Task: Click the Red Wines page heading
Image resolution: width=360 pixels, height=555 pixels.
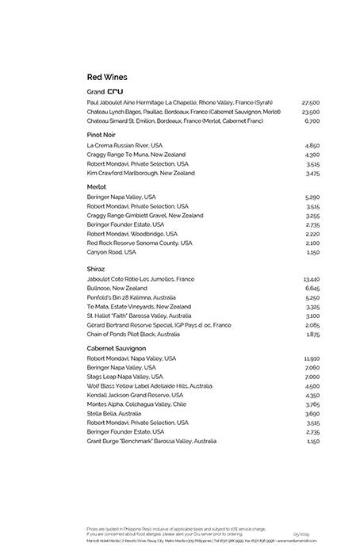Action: (x=107, y=77)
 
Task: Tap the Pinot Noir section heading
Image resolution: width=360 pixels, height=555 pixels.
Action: (x=103, y=136)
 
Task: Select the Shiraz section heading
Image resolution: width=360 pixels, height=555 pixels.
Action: (x=97, y=270)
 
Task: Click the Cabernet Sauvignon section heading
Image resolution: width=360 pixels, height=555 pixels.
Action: (x=118, y=347)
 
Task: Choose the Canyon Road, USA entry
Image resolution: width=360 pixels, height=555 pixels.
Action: (x=112, y=252)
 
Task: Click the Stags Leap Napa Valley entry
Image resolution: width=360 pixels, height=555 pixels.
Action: (x=124, y=377)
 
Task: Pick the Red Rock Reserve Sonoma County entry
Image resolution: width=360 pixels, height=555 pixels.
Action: (x=140, y=243)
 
